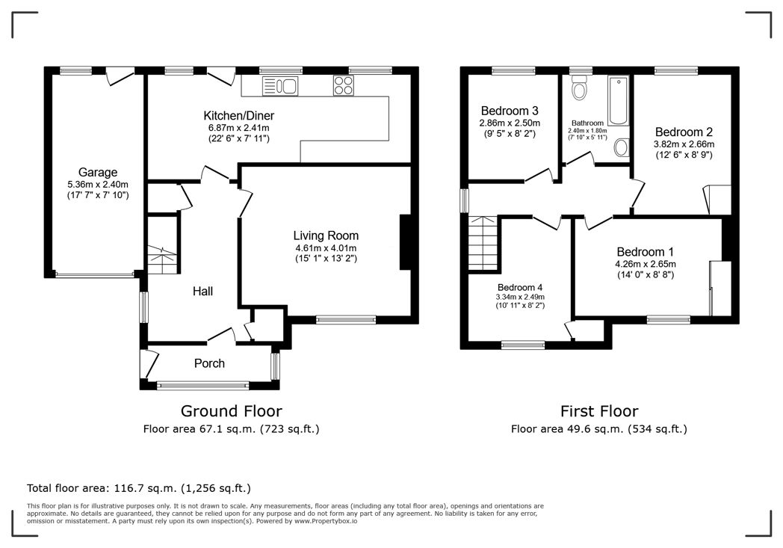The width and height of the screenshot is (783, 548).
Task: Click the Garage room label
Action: click(x=98, y=173)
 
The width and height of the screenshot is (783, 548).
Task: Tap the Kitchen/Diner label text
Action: click(x=238, y=116)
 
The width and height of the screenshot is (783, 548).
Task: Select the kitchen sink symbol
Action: click(x=280, y=86)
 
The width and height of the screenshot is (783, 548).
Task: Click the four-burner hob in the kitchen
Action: click(x=344, y=86)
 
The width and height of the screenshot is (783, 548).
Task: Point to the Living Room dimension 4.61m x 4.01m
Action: click(x=325, y=248)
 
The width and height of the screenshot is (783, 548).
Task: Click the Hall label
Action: click(x=203, y=291)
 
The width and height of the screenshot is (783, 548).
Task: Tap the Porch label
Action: click(x=209, y=363)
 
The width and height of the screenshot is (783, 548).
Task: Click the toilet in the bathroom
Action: click(x=578, y=90)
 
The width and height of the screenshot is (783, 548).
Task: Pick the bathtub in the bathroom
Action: click(x=617, y=101)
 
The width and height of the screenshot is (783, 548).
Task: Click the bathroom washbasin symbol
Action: click(x=621, y=149)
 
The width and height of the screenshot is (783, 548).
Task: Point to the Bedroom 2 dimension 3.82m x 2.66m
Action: click(x=684, y=144)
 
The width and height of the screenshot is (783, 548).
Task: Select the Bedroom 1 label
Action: click(x=645, y=252)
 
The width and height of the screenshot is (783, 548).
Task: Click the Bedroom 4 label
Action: click(x=520, y=287)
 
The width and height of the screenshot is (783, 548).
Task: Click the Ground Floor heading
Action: click(x=232, y=410)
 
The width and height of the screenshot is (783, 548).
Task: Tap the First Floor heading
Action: click(x=599, y=410)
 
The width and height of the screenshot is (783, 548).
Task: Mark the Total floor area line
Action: click(x=139, y=488)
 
